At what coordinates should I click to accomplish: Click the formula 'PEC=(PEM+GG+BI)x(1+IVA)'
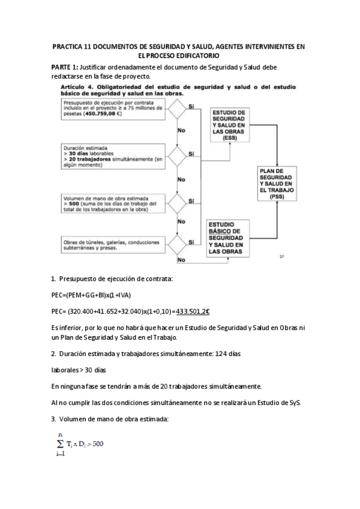(x=91, y=295)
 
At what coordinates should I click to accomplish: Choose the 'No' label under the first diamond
(x=181, y=130)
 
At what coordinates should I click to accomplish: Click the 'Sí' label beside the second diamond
(x=191, y=154)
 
